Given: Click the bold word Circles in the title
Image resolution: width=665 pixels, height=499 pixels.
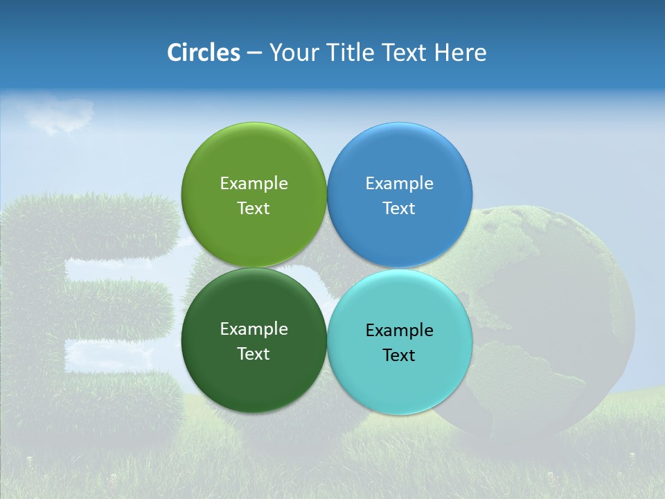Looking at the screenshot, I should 203,53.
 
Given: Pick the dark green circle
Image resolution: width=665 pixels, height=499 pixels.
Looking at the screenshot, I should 254,374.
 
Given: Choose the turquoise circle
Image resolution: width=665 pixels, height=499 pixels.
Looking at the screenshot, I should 400,378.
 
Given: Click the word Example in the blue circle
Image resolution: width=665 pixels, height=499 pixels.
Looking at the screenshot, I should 400,183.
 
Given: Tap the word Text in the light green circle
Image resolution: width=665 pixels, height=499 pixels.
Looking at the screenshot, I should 254,209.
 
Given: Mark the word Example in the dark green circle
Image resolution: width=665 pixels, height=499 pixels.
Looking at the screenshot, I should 254,329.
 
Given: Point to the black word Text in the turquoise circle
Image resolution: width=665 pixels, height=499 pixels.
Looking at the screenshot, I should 399,356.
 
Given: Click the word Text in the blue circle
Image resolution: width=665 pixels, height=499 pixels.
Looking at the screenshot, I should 399,209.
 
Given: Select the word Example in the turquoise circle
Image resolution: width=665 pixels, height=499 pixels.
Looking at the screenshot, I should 400,330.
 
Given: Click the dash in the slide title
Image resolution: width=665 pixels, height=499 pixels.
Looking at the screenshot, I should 254,53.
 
